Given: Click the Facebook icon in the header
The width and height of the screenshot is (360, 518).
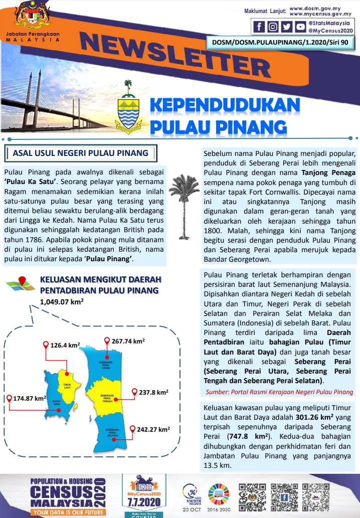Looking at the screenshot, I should (259, 27).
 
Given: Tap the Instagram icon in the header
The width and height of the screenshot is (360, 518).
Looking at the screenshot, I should (273, 27).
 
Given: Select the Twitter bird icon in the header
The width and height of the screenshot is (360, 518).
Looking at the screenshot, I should (286, 27).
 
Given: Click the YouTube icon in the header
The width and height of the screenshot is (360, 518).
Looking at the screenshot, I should (300, 27).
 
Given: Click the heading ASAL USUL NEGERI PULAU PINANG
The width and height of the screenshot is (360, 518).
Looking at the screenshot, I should (80, 153).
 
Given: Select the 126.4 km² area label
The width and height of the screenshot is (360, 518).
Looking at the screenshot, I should (65, 345).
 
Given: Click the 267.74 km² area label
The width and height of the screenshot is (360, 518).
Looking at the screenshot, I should (128, 341).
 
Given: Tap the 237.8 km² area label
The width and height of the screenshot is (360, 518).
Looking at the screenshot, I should (153, 393).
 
